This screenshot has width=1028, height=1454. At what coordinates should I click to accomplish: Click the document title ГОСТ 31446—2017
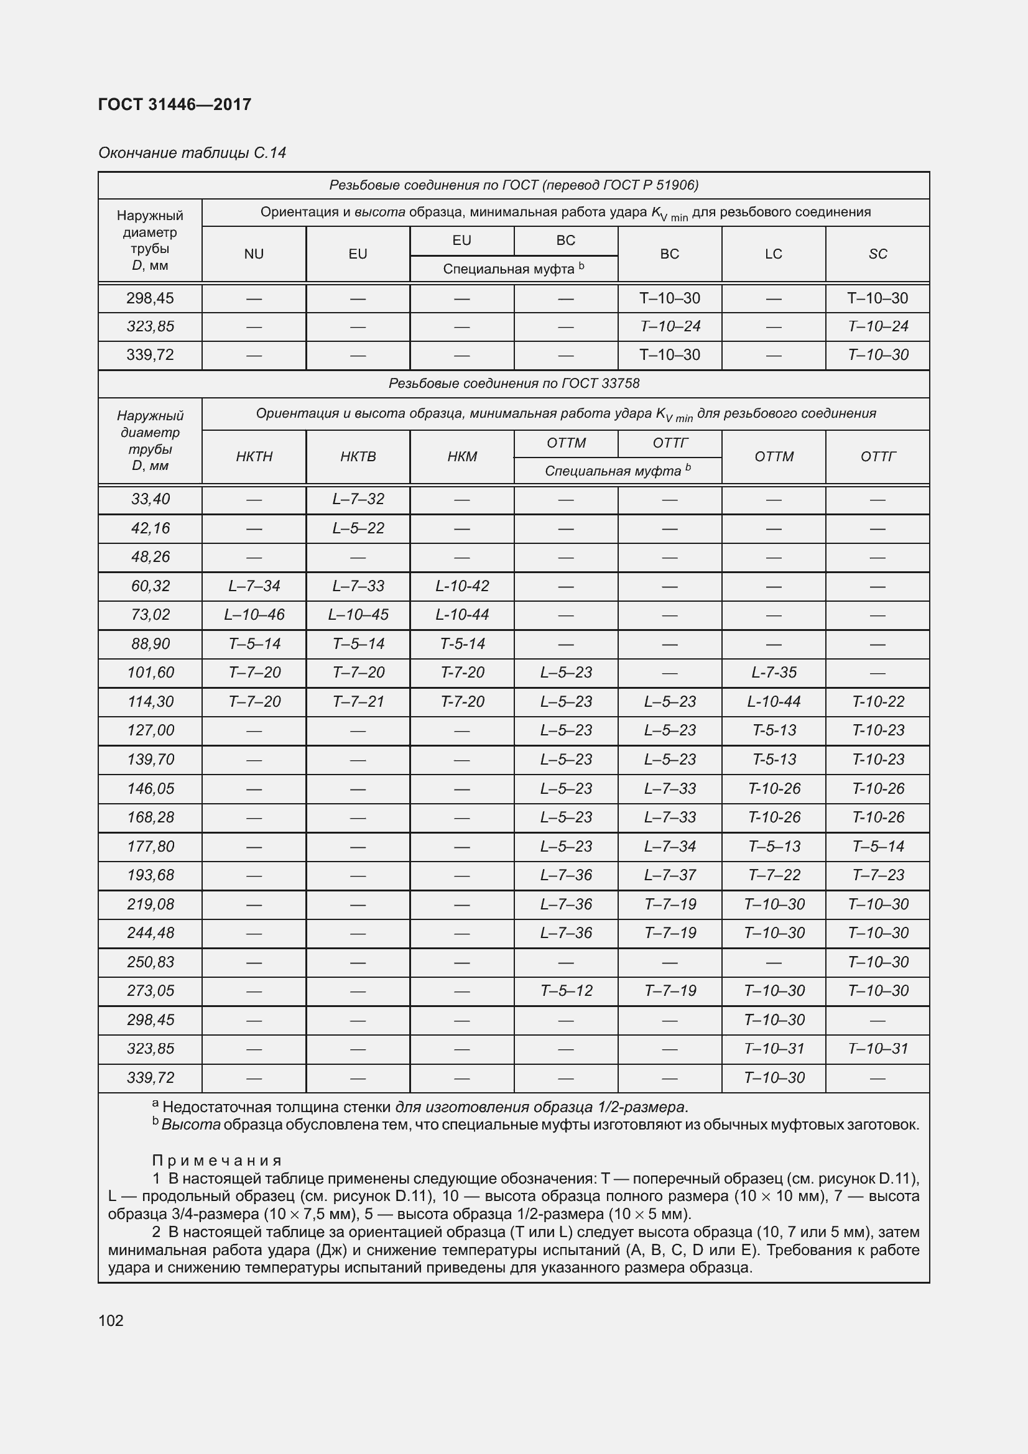click(175, 104)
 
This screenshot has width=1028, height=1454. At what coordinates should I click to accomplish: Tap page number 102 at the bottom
click(111, 1320)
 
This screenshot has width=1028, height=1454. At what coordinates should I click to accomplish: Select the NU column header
click(253, 254)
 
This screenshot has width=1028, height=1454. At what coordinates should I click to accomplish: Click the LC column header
click(774, 254)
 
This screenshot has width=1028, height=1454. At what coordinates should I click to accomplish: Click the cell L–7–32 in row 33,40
click(358, 499)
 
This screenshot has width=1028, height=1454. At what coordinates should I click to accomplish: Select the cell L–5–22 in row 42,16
click(358, 528)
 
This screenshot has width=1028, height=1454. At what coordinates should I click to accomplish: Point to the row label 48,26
click(150, 556)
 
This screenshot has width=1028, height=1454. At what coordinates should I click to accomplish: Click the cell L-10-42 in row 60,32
click(461, 586)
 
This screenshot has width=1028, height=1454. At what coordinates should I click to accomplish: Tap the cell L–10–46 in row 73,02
click(254, 614)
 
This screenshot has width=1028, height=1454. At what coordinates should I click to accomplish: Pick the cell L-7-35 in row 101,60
click(774, 673)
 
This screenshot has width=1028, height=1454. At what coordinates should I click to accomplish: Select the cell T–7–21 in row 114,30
click(358, 702)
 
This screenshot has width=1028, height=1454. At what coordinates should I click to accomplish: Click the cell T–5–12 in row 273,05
click(566, 990)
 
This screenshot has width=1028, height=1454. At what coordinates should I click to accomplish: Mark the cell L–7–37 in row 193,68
click(670, 875)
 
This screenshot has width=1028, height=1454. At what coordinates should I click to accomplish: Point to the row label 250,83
click(150, 962)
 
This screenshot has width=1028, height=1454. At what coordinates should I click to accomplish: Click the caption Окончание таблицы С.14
click(192, 153)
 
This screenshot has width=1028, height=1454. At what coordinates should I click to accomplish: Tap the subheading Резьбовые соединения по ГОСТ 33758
click(514, 384)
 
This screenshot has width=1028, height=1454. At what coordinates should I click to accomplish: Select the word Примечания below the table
click(216, 1160)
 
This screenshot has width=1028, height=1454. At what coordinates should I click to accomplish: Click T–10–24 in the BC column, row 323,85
click(670, 326)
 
